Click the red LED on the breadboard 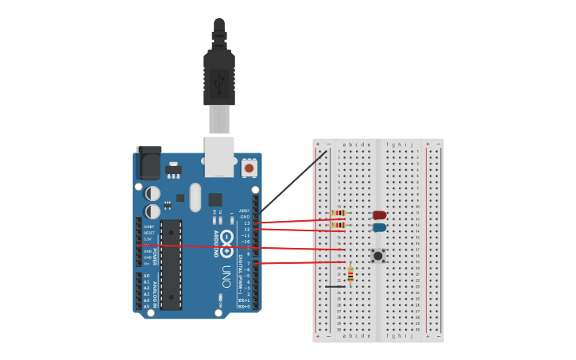[380, 215]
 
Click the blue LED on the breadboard [380, 227]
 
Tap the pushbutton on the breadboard [378, 255]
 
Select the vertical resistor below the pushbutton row [350, 273]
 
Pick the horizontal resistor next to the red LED [339, 213]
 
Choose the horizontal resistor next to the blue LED [339, 225]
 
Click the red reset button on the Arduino [249, 168]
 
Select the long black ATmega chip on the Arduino [171, 264]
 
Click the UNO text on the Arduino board [227, 275]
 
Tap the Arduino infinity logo [226, 238]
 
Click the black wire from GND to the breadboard [294, 182]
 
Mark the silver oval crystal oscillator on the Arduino [195, 196]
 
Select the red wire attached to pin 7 [302, 262]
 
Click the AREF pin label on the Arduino [245, 211]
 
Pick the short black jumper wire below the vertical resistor [334, 286]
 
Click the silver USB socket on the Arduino [219, 155]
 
